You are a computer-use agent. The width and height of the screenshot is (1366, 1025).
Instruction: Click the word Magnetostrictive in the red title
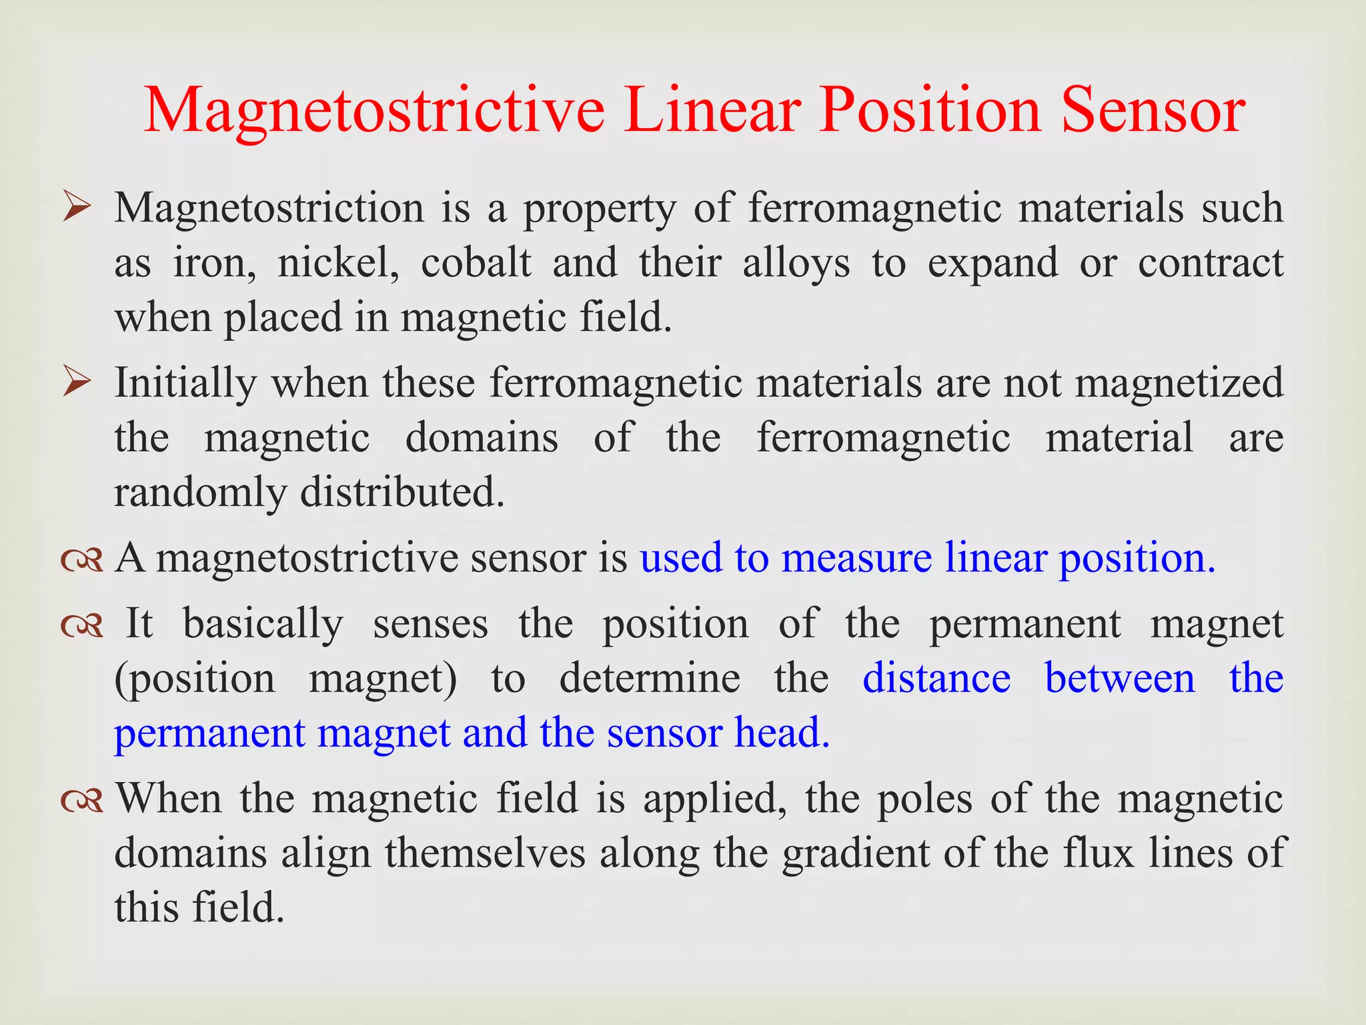[x=374, y=110]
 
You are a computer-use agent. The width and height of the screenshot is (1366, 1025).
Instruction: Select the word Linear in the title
[x=712, y=110]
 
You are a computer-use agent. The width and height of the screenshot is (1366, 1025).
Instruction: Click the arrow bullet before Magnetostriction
[x=77, y=208]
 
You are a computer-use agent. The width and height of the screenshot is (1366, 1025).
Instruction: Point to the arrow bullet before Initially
[x=77, y=383]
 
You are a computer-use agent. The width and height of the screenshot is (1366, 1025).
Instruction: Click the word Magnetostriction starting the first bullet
[x=269, y=209]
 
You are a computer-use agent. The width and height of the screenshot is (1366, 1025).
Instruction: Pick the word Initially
[x=185, y=384]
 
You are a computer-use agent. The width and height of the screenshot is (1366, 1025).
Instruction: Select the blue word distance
[x=936, y=678]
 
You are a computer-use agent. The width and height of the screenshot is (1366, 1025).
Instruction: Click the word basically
[x=263, y=625]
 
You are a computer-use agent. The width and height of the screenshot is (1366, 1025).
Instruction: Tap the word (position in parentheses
[x=195, y=679]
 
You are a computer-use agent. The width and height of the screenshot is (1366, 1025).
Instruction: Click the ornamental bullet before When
[x=81, y=800]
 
